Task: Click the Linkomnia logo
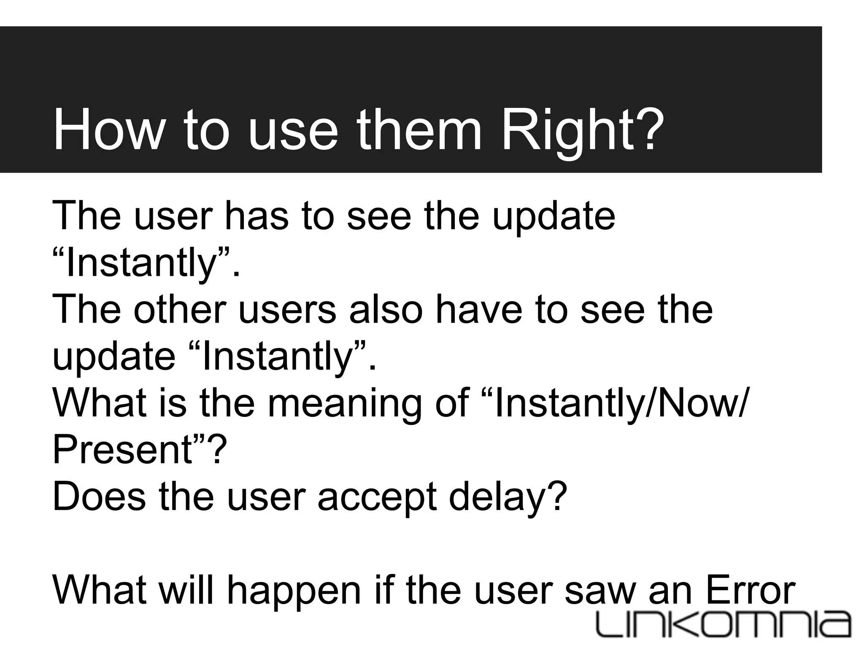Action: pyautogui.click(x=724, y=623)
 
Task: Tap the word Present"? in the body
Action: pyautogui.click(x=140, y=450)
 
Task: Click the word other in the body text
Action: pyautogui.click(x=180, y=309)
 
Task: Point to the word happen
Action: pyautogui.click(x=294, y=591)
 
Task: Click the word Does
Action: pyautogui.click(x=99, y=497)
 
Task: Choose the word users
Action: pyautogui.click(x=287, y=309)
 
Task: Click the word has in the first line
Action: pyautogui.click(x=257, y=216)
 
